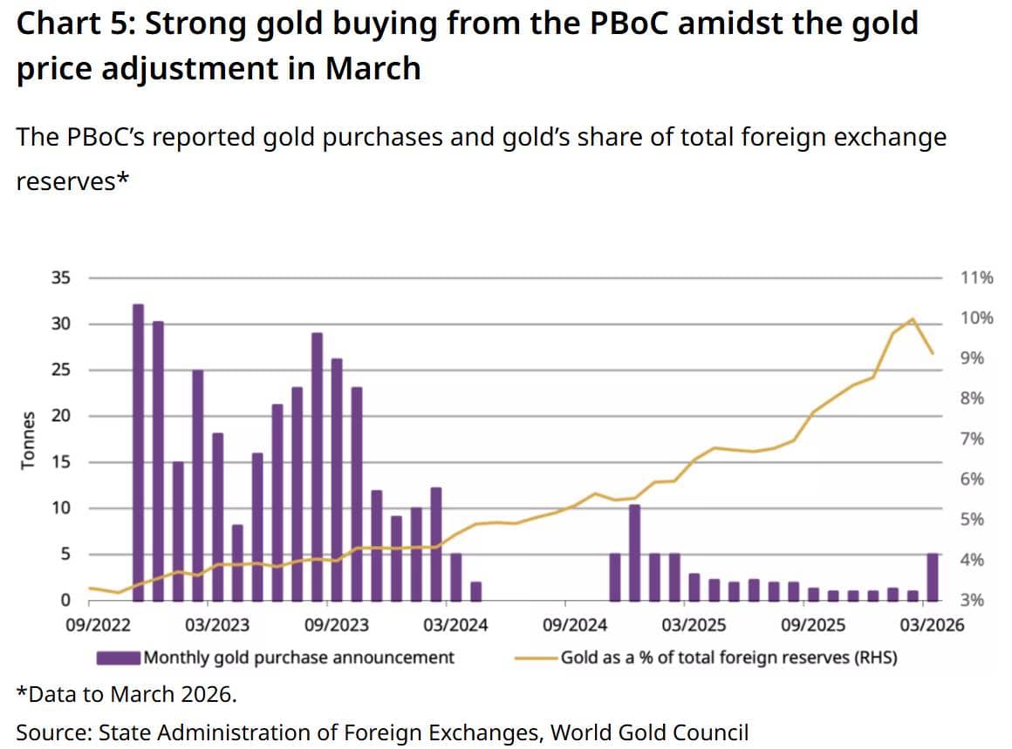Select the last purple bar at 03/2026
(x=933, y=577)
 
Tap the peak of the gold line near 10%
(x=912, y=319)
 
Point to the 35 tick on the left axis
(x=60, y=278)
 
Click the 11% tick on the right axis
(x=976, y=278)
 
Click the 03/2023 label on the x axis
(x=218, y=624)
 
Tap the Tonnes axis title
(x=29, y=439)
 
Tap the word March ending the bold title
(x=373, y=68)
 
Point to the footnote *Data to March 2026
(x=126, y=695)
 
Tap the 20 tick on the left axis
(x=60, y=416)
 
